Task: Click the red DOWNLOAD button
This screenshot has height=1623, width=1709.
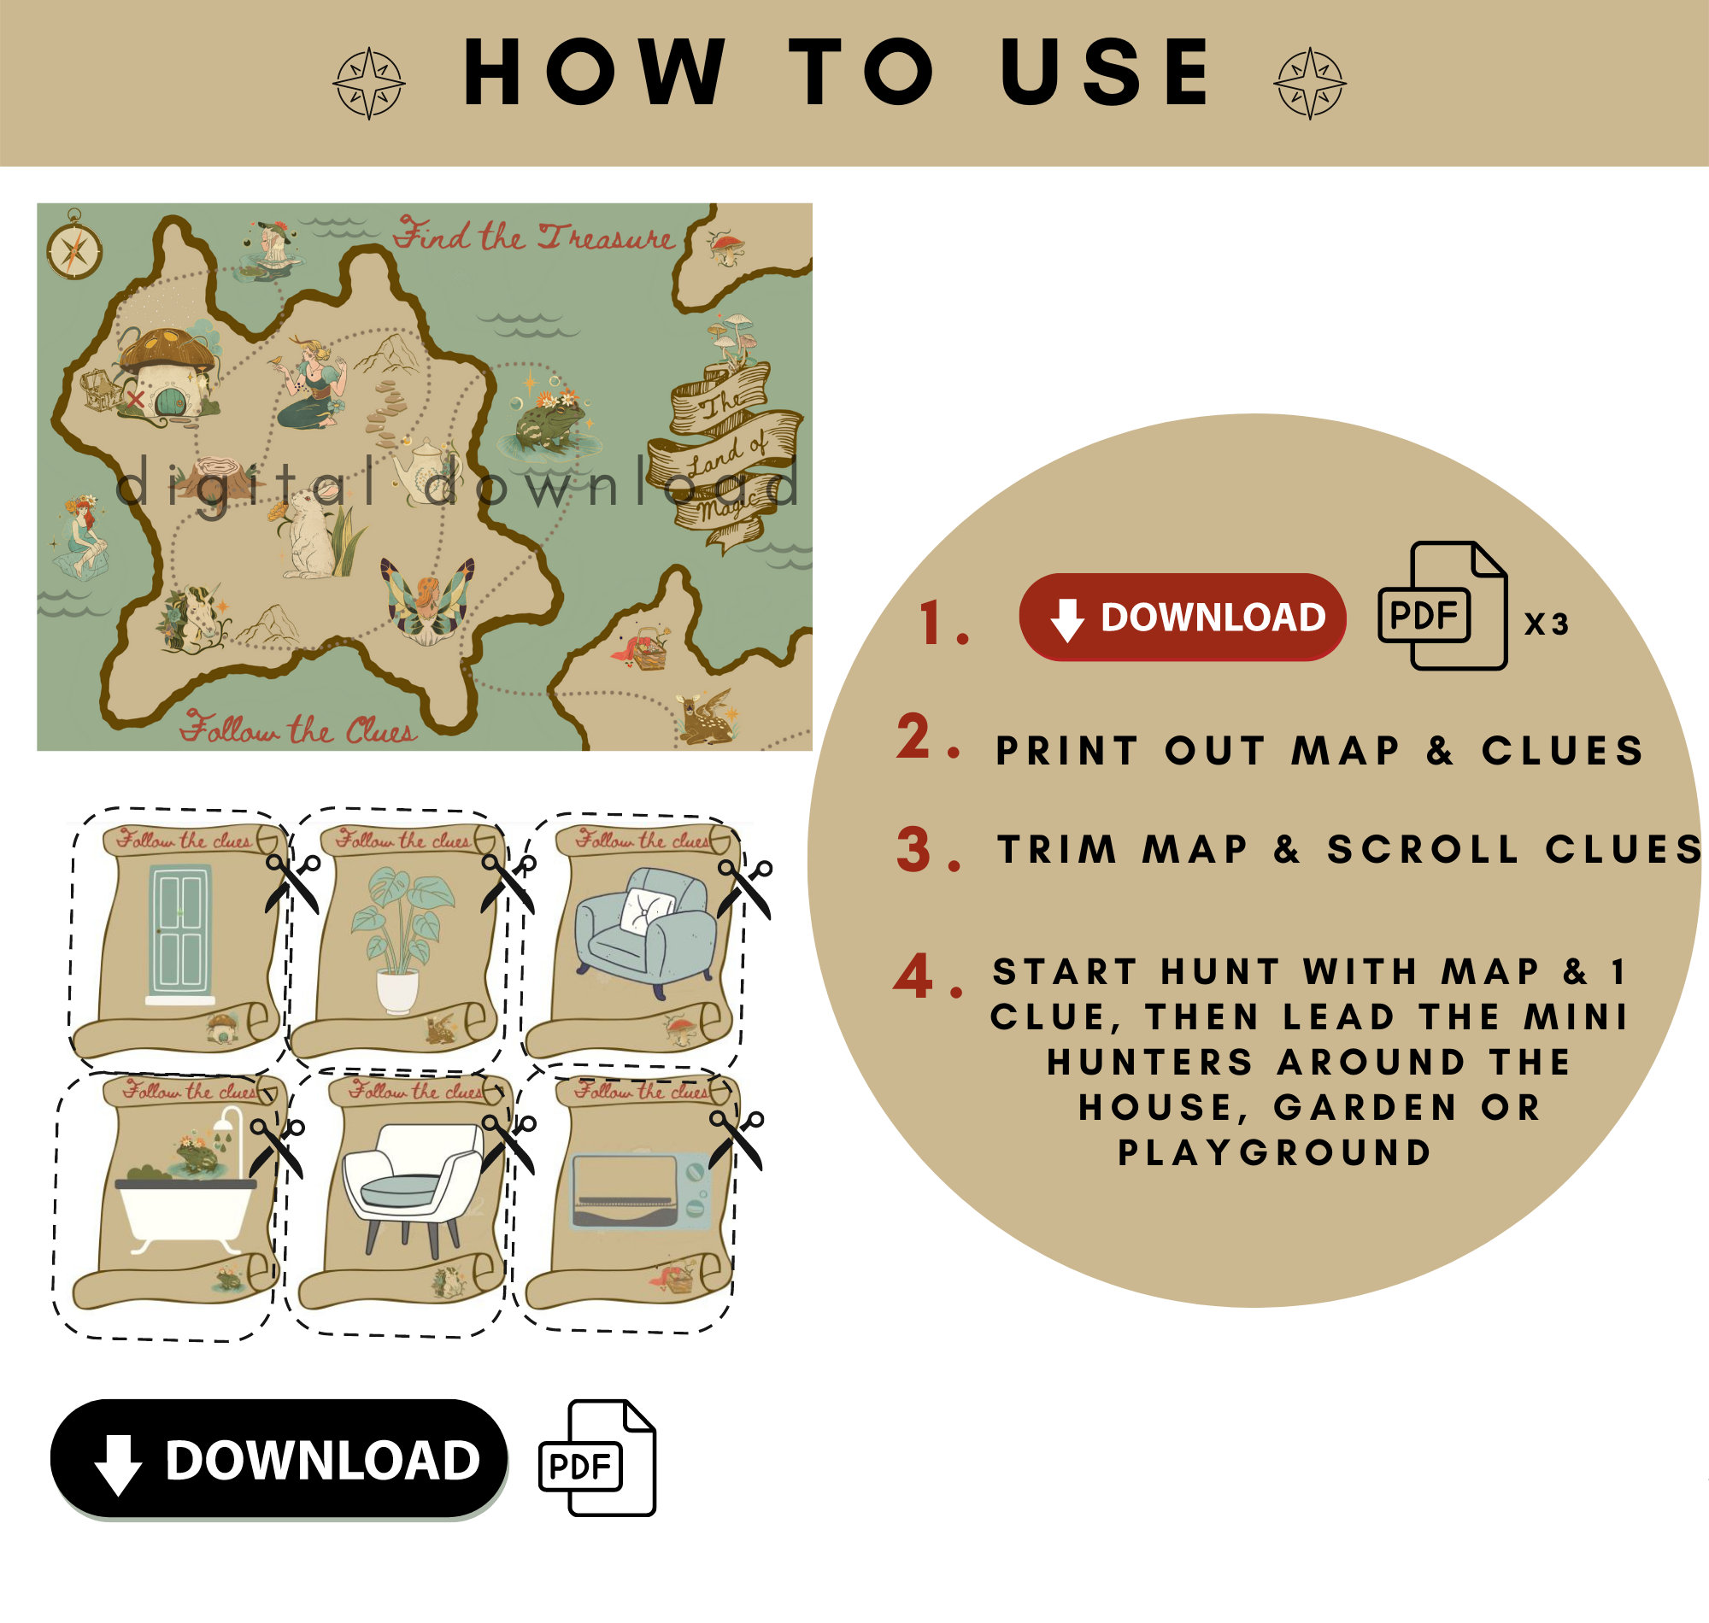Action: coord(1181,617)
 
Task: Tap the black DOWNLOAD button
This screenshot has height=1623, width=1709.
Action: coord(279,1461)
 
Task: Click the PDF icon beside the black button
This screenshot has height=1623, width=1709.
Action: coord(597,1459)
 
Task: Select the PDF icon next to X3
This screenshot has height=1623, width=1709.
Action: coord(1442,606)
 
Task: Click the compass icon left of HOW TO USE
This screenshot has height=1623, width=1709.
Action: coord(369,83)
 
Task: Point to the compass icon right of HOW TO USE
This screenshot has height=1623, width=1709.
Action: coord(1309,83)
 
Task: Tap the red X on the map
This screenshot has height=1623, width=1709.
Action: coord(135,399)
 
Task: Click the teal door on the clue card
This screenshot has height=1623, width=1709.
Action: coord(180,933)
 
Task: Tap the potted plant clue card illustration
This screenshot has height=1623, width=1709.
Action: coord(400,939)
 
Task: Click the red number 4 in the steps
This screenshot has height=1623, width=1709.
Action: coord(913,976)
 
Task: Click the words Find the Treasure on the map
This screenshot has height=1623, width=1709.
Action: coord(533,236)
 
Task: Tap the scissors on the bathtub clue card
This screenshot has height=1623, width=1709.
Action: coord(277,1147)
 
